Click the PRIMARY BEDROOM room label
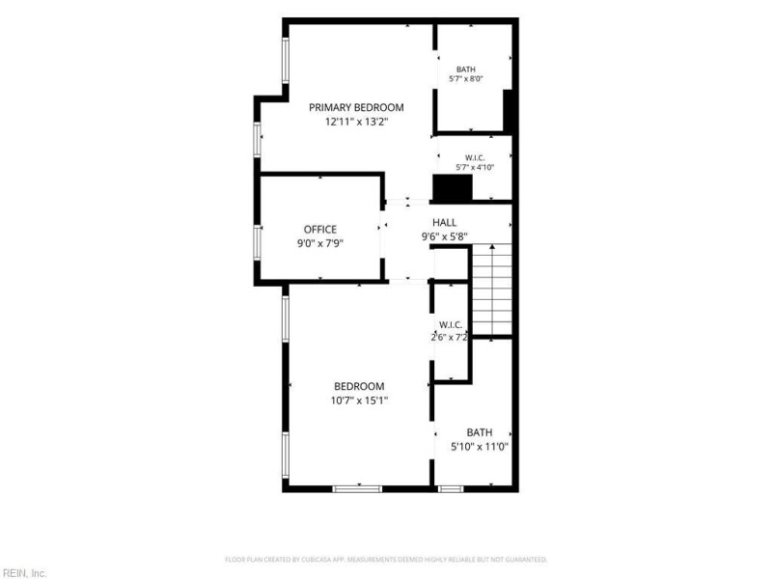pyautogui.click(x=356, y=107)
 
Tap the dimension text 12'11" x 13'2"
pyautogui.click(x=356, y=122)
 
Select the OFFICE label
pyautogui.click(x=320, y=230)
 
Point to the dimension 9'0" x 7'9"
pyautogui.click(x=320, y=243)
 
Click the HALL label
pyautogui.click(x=444, y=223)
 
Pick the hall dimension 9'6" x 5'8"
pyautogui.click(x=444, y=236)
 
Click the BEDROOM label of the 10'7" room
pyautogui.click(x=359, y=387)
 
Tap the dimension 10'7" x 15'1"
pyautogui.click(x=359, y=400)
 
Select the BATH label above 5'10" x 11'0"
pyautogui.click(x=479, y=432)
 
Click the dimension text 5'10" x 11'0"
pyautogui.click(x=479, y=447)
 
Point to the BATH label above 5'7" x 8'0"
pyautogui.click(x=466, y=69)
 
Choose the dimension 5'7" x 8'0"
pyautogui.click(x=466, y=79)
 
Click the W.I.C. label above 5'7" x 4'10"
pyautogui.click(x=475, y=157)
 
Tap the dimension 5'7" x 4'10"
pyautogui.click(x=475, y=167)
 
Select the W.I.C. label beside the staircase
pyautogui.click(x=451, y=325)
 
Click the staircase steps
pyautogui.click(x=492, y=289)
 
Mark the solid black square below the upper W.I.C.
pyautogui.click(x=453, y=187)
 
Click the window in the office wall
pyautogui.click(x=257, y=242)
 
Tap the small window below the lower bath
pyautogui.click(x=451, y=489)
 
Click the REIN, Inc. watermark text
pyautogui.click(x=23, y=573)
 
